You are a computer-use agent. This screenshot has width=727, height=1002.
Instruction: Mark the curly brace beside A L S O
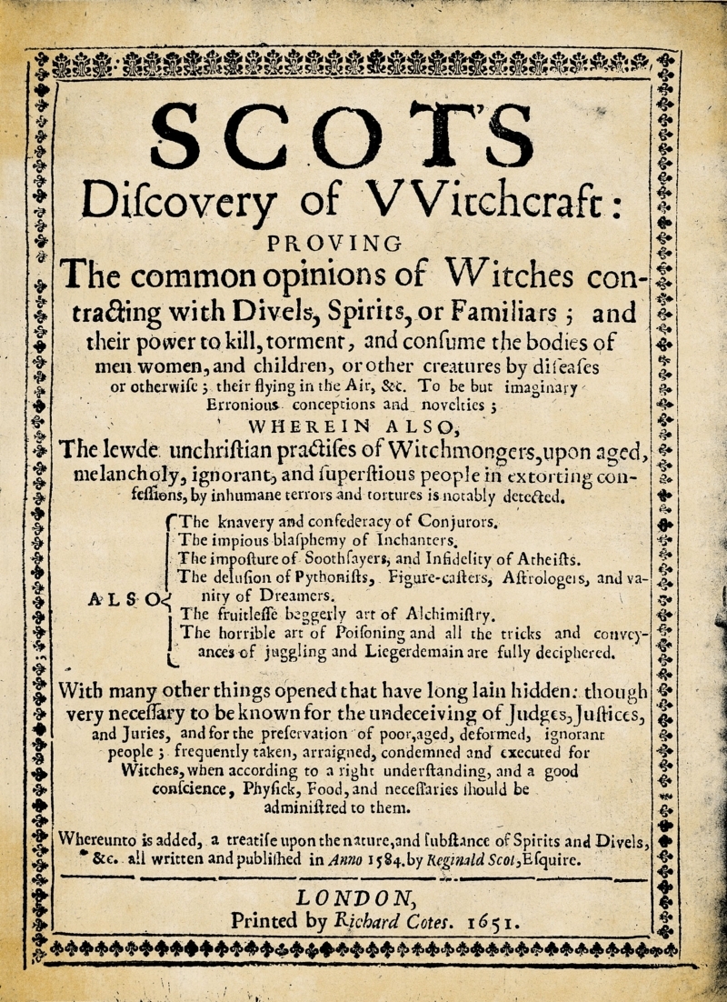[x=170, y=586]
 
